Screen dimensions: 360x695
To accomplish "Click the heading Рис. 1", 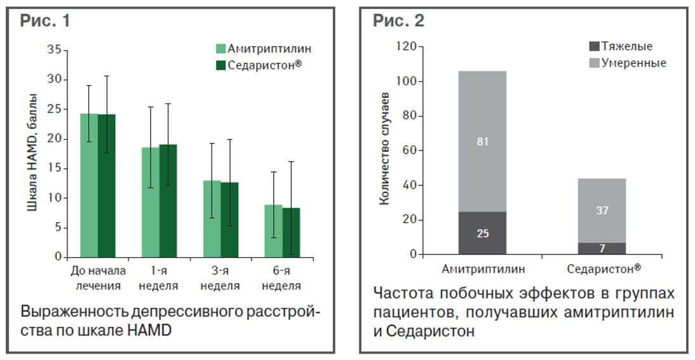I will [x=45, y=21].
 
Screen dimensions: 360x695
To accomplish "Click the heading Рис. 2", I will [x=398, y=21].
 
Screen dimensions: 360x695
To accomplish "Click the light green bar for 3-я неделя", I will [x=212, y=218].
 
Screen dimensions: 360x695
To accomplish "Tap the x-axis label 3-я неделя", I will [x=220, y=279].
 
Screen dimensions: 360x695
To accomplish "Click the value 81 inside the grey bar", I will [x=482, y=142].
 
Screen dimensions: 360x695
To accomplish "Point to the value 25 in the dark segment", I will [x=482, y=233].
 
